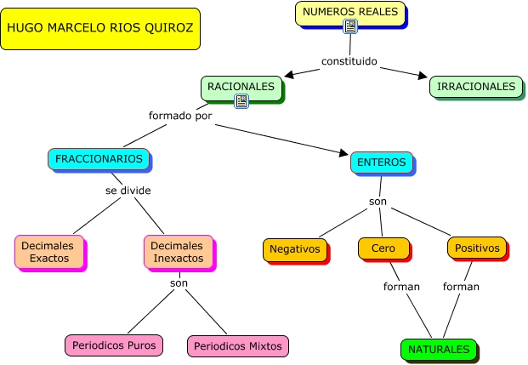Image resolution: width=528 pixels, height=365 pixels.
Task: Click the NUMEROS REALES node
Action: [350, 14]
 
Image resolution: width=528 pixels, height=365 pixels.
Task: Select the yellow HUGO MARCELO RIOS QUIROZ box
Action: [100, 29]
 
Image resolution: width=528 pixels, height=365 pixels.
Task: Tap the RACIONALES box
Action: [241, 88]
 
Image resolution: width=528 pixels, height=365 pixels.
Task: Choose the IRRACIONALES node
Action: [476, 87]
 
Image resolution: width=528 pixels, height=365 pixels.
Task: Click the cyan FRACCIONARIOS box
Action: [99, 159]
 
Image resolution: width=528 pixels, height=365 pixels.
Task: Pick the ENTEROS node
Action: [382, 163]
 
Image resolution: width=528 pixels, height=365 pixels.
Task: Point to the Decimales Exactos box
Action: [49, 252]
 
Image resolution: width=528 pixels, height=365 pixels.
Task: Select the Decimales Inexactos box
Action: [179, 252]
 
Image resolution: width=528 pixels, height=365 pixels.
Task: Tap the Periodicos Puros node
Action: [114, 345]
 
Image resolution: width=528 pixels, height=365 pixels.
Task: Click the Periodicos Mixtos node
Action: [238, 346]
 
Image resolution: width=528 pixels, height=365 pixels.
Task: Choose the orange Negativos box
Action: [295, 250]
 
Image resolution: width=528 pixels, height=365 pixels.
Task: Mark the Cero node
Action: [383, 248]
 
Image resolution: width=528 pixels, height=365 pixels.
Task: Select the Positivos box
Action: [477, 248]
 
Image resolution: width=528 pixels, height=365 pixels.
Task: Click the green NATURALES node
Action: [439, 350]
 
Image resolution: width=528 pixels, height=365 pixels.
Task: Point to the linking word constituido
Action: [349, 61]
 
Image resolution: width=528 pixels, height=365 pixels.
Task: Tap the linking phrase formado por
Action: [180, 116]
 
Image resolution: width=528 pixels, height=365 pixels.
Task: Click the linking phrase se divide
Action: [128, 191]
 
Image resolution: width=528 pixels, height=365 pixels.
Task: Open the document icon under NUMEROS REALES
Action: [350, 26]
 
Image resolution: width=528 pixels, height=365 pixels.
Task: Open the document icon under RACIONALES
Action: [241, 100]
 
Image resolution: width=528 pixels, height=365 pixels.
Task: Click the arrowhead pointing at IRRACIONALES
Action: [423, 76]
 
